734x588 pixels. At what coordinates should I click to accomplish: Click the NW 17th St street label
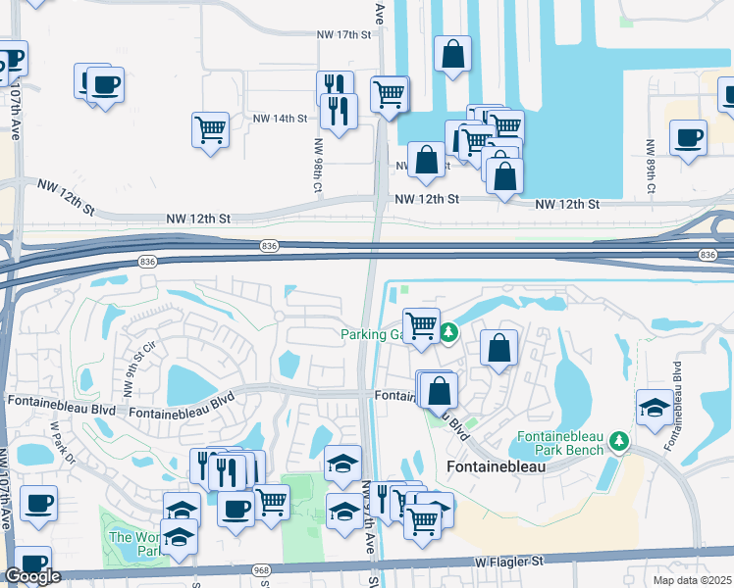tap(345, 34)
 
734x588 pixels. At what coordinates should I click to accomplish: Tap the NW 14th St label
tap(276, 119)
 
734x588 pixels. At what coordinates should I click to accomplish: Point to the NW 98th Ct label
tap(319, 164)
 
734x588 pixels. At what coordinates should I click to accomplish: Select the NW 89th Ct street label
tap(650, 166)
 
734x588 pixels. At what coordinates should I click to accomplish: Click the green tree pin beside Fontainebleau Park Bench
tap(619, 440)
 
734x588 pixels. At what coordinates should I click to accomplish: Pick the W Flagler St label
tap(510, 562)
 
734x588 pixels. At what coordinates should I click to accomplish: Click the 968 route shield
tap(260, 570)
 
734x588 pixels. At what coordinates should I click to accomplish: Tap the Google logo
tap(32, 576)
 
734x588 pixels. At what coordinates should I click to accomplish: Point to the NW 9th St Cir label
tap(137, 363)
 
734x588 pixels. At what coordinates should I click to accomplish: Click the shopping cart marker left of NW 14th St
tap(211, 128)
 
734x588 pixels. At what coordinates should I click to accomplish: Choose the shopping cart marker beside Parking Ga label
tap(422, 324)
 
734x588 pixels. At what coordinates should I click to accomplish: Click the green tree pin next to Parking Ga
tap(448, 333)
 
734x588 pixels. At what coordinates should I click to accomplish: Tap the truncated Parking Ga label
tap(372, 334)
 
